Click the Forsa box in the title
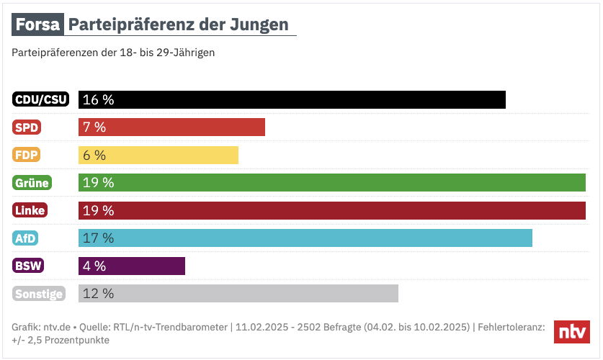(37, 26)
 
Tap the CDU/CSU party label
(41, 100)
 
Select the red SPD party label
(27, 127)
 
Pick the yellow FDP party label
(27, 155)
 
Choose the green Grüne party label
(32, 183)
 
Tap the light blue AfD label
(25, 238)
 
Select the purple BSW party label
(28, 266)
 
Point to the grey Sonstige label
(39, 293)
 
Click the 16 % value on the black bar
(98, 100)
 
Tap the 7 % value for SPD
(94, 127)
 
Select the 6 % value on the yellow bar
(94, 155)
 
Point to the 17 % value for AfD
(98, 238)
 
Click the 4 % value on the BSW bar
(94, 266)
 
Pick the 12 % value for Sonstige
(98, 293)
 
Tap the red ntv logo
(572, 332)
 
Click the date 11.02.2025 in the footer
(261, 327)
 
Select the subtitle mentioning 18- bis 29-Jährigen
(113, 53)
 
